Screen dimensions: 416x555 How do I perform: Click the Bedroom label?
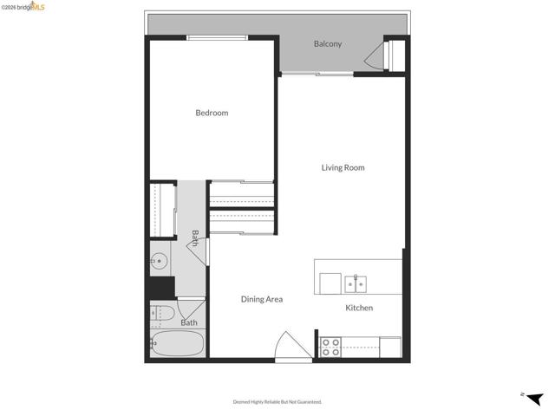[x=212, y=113]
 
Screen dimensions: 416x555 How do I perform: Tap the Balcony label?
[x=328, y=44]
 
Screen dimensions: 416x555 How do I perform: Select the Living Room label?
[x=343, y=167]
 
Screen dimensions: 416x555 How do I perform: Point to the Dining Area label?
[x=262, y=299]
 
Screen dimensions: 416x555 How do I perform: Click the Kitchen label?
[x=359, y=308]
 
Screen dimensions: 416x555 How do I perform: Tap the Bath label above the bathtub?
[x=189, y=322]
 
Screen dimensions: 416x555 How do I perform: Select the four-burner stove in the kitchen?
[x=330, y=348]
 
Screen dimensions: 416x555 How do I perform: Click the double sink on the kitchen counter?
[x=356, y=283]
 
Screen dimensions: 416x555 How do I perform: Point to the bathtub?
[x=178, y=344]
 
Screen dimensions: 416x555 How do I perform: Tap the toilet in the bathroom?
[x=162, y=313]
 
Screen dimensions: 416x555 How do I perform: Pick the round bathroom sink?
[x=159, y=260]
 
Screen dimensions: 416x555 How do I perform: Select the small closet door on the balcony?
[x=375, y=58]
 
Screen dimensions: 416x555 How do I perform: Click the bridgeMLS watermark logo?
[x=27, y=6]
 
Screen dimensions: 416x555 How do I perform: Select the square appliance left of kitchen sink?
[x=330, y=283]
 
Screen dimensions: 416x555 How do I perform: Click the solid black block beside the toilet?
[x=160, y=287]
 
